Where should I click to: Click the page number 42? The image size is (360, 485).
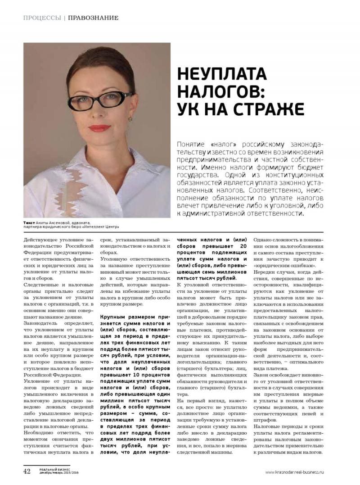pos(27,471)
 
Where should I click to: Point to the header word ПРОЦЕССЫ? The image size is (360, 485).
pos(42,18)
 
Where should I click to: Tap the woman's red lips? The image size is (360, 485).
pos(99,128)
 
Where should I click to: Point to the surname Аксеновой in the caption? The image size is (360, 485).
pos(60,223)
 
